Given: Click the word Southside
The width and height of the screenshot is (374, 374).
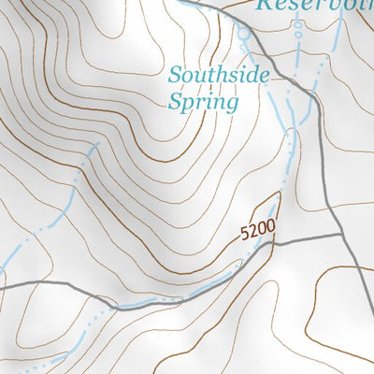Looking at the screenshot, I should [x=219, y=75].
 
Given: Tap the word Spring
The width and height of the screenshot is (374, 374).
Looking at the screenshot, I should [x=203, y=101].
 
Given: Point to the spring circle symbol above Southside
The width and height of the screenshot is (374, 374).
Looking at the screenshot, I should [x=244, y=35].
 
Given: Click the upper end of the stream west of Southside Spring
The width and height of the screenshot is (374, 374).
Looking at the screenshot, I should [x=94, y=147].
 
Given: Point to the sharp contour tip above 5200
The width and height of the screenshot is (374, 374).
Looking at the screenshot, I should [x=278, y=194].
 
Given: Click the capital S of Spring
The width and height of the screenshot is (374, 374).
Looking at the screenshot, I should [x=176, y=100].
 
